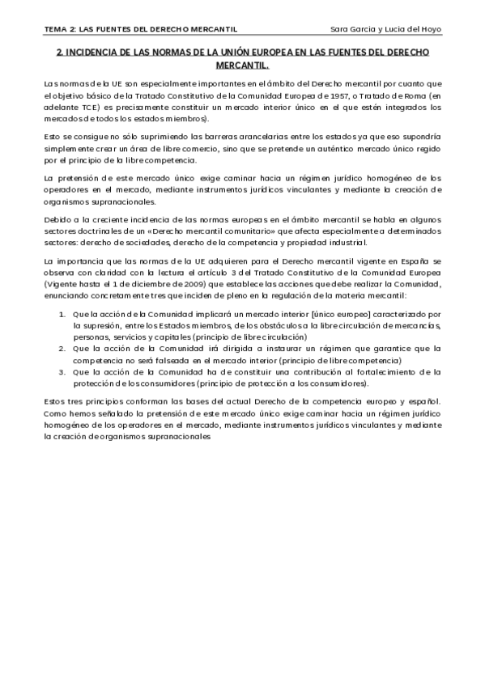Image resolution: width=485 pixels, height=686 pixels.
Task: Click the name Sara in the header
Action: (x=342, y=30)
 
